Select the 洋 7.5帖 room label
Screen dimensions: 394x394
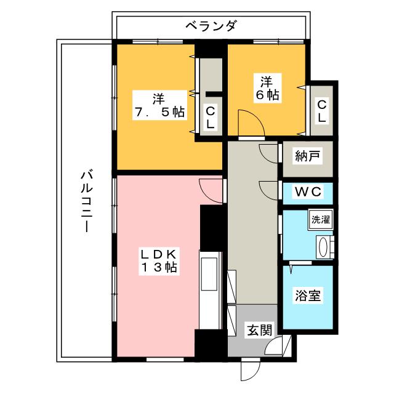click(159, 105)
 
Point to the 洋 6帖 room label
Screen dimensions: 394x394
click(266, 87)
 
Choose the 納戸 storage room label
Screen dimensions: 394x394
click(307, 156)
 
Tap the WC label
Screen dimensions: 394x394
click(307, 192)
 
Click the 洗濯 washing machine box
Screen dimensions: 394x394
click(320, 219)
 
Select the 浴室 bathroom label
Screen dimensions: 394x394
click(307, 296)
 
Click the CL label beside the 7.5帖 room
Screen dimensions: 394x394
click(210, 117)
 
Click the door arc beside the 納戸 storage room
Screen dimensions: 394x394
click(270, 153)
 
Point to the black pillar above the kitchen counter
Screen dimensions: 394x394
click(211, 228)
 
